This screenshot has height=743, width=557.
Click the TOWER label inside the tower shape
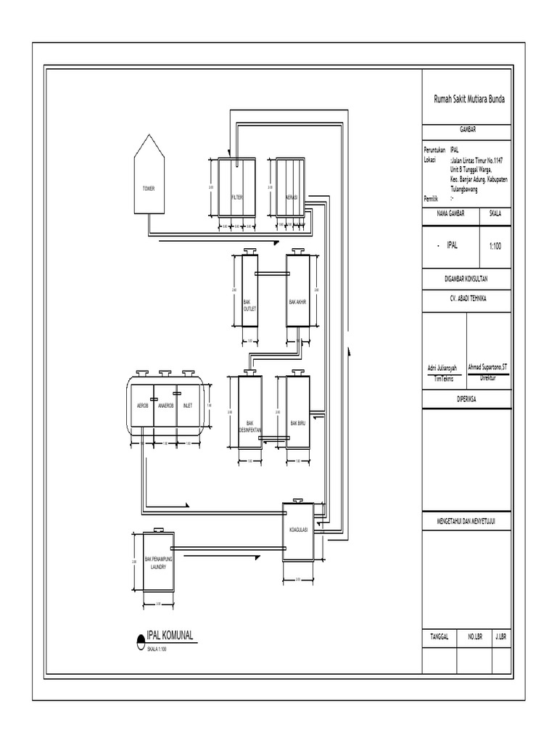[149, 187]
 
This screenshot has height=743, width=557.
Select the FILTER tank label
[237, 197]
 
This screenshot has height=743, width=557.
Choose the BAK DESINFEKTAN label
[250, 426]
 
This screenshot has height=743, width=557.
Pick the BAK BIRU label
[298, 423]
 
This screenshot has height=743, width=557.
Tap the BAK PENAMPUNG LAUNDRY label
[158, 563]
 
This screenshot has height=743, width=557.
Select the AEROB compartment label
[142, 406]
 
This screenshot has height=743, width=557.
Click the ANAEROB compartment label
[166, 406]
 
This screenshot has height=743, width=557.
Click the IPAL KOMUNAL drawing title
[170, 636]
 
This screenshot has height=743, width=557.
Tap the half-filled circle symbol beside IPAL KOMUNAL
[140, 639]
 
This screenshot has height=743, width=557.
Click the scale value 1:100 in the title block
[495, 246]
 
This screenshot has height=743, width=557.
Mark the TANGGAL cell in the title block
[440, 636]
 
